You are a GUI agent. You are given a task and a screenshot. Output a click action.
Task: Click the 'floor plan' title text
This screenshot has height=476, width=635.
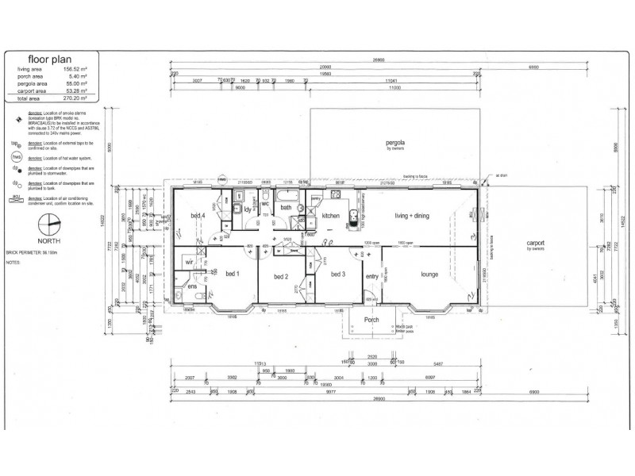51,59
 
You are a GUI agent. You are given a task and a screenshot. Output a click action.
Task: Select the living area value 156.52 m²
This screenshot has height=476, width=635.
79,70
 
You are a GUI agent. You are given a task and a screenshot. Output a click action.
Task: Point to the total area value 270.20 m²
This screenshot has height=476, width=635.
79,98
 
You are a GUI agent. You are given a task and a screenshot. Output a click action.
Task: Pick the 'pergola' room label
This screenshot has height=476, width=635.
395,143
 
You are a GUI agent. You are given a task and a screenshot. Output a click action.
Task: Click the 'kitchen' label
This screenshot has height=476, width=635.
330,216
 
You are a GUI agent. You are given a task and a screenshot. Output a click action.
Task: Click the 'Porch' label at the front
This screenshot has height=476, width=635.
371,320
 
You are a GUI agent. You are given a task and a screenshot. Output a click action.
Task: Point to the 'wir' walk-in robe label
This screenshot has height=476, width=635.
190,260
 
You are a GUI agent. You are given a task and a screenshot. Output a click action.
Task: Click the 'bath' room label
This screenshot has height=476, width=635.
286,208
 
